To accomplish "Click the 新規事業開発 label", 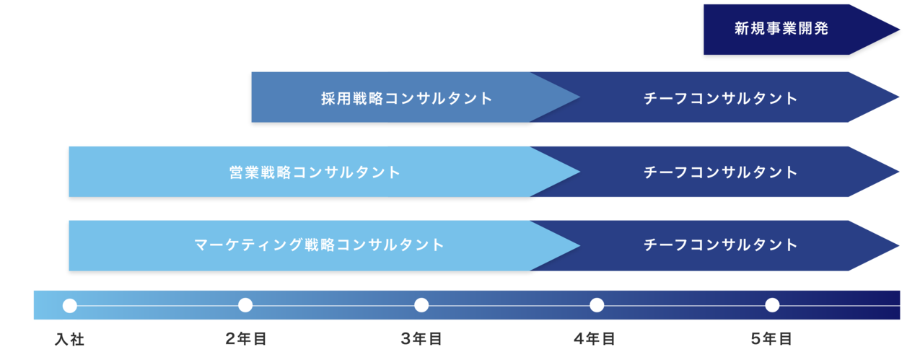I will click(x=781, y=30).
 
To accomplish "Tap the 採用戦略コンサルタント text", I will click(x=407, y=98).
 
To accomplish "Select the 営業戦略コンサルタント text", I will click(x=315, y=172).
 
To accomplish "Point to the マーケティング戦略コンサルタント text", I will click(x=320, y=245).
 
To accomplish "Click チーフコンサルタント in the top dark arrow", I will click(x=721, y=98).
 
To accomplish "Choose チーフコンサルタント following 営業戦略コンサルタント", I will click(x=721, y=172).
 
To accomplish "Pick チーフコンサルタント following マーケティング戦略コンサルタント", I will click(x=721, y=245).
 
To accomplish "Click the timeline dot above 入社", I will click(x=70, y=305).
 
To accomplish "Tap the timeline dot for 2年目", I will click(x=245, y=305).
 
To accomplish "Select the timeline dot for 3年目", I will click(x=421, y=305).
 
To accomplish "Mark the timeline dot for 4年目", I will click(x=597, y=305).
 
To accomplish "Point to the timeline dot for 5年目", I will click(x=772, y=305).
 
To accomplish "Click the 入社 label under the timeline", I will click(x=69, y=338).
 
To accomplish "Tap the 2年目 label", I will click(x=245, y=338).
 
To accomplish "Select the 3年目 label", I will click(x=421, y=338).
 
